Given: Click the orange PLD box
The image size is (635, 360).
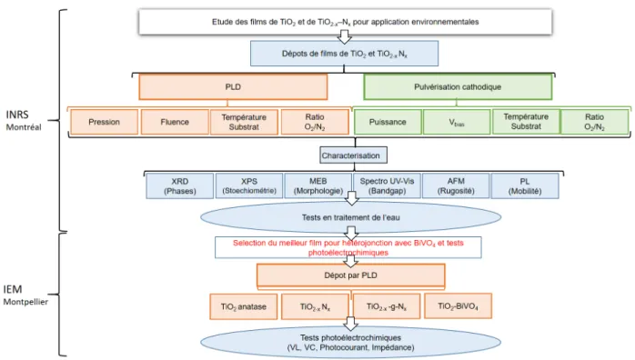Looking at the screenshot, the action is pos(233,87).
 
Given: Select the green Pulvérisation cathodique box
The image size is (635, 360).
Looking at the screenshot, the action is pos(458,87).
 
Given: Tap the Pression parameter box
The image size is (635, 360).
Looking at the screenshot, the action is pos(104,122).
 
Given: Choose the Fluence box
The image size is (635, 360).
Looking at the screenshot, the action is pos(175,122).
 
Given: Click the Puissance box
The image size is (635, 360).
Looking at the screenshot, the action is pos(388,122).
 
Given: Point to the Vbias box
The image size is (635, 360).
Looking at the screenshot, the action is pos(457,122).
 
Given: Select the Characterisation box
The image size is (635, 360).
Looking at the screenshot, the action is pos(353,155).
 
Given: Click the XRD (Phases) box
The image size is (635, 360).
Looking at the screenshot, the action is pos(180,186).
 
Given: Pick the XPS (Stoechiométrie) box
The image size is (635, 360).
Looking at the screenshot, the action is pos(249,186).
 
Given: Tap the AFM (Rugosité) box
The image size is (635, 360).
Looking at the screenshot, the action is pos(456,186).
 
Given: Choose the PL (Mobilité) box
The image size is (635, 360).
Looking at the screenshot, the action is pos(525,186).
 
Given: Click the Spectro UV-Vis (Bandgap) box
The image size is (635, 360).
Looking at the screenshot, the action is pos(387,186).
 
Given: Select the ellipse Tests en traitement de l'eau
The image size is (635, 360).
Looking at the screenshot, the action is pos(351,217).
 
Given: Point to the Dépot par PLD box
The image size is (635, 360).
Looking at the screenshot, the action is pos(351,275).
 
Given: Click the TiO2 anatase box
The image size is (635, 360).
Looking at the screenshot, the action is pos(244,306).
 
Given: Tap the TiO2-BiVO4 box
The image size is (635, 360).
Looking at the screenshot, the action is pos(458,306).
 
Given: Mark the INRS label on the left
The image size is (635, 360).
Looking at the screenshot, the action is pos(17,115).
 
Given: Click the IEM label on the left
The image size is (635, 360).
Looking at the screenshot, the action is pos(13,290).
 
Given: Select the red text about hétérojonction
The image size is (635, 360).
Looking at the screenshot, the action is pos(348,247).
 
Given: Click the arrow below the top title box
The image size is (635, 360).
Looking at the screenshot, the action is pos(344,36).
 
